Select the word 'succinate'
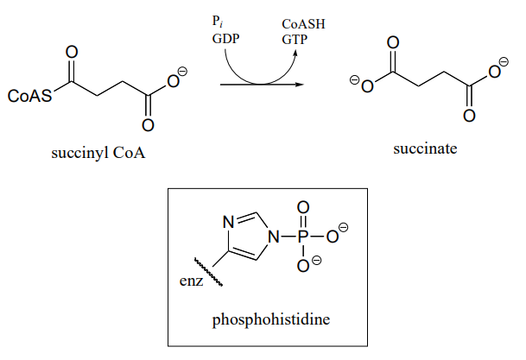(425, 148)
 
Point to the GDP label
(225, 38)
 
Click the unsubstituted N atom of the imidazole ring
(229, 221)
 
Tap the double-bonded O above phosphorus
(302, 208)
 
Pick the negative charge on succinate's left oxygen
(354, 79)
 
